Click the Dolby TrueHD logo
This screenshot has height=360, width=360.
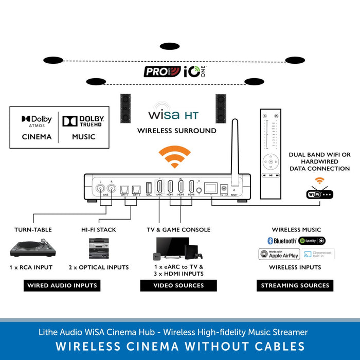pos(83,121)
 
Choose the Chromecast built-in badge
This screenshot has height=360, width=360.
pos(318,254)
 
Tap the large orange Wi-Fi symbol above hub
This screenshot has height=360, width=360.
pos(174,157)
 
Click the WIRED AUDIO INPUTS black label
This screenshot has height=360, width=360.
pos(63,285)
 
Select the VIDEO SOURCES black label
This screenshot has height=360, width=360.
pos(178,285)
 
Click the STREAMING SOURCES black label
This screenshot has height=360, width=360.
pos(295,285)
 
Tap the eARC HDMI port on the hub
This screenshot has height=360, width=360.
pos(159,188)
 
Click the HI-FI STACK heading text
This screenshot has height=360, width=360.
pos(99,230)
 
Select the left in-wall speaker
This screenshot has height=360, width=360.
pos(125,108)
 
